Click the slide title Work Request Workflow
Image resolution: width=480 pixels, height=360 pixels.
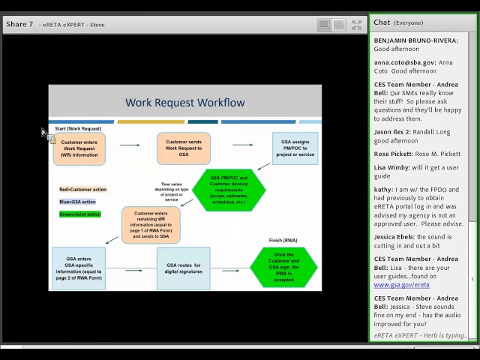point(184,103)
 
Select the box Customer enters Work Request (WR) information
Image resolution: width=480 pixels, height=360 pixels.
point(79,148)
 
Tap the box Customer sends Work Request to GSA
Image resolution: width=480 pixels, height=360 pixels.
point(184,148)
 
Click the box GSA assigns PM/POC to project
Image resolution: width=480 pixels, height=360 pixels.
point(295,148)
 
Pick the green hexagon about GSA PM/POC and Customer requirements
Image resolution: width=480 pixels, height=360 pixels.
point(229,190)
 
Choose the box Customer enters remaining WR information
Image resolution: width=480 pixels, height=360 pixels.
point(151,225)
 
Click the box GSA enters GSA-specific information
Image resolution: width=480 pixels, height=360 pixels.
point(78,268)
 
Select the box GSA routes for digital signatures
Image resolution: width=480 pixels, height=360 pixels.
point(183,268)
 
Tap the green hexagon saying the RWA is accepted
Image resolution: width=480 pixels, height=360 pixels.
point(283,266)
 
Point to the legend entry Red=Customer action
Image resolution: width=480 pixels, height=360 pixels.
point(82,190)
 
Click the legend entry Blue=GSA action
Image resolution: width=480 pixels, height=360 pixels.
point(77,202)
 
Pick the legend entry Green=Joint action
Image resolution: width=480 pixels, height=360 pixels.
point(79,214)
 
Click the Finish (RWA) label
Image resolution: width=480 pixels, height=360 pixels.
point(283,241)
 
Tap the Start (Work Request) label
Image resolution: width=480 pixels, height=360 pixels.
point(78,129)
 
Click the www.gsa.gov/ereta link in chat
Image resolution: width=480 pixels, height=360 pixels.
point(401,285)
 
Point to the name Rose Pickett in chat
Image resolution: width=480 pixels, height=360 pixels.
point(393,154)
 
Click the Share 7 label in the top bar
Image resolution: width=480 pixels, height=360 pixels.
point(19,24)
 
